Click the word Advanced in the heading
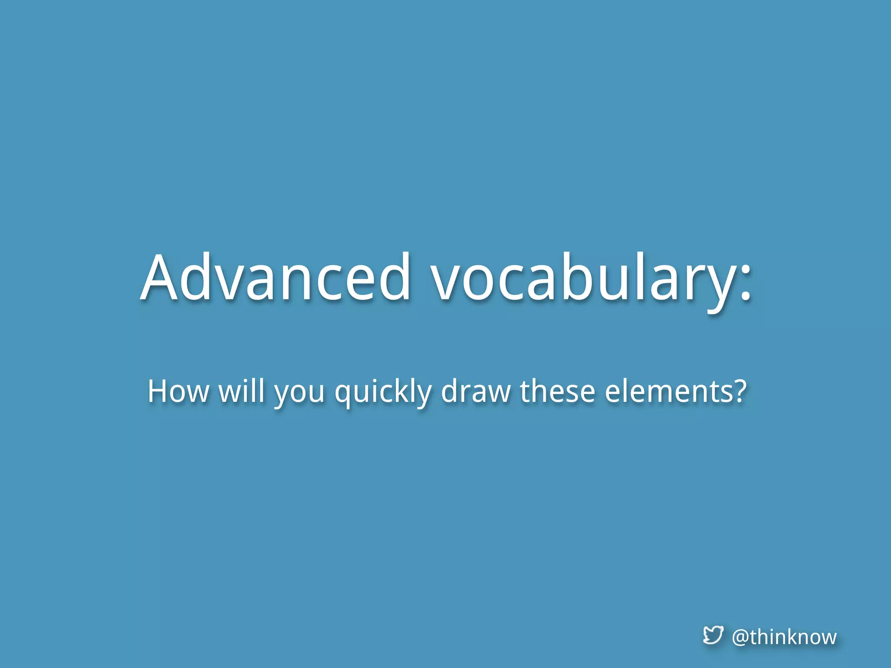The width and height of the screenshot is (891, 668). click(x=275, y=278)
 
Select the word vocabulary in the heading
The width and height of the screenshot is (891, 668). click(x=583, y=278)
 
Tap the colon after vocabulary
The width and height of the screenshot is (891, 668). click(x=745, y=283)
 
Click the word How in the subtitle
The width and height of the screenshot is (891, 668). click(x=178, y=391)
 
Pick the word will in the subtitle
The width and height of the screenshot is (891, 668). click(x=241, y=391)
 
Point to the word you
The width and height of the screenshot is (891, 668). click(x=299, y=394)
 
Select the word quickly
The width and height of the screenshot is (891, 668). click(x=383, y=394)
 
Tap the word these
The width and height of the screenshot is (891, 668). click(x=557, y=391)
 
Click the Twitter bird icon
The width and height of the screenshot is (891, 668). click(x=713, y=635)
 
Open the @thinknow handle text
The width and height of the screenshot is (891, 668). click(x=784, y=637)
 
